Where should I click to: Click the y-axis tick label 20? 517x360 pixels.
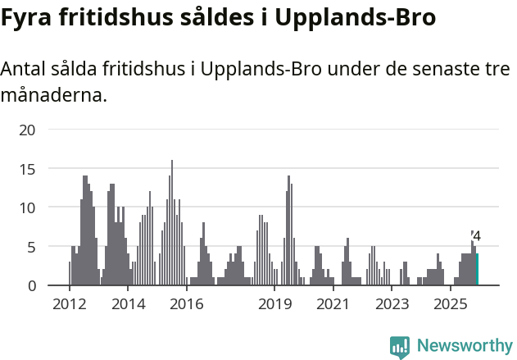28,130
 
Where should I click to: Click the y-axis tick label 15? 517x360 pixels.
28,169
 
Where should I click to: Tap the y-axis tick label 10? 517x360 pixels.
28,207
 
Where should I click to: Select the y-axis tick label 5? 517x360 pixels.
32,247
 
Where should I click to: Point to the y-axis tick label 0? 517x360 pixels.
32,285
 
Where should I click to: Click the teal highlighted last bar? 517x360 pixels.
477,270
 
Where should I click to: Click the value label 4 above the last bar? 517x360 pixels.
477,236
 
